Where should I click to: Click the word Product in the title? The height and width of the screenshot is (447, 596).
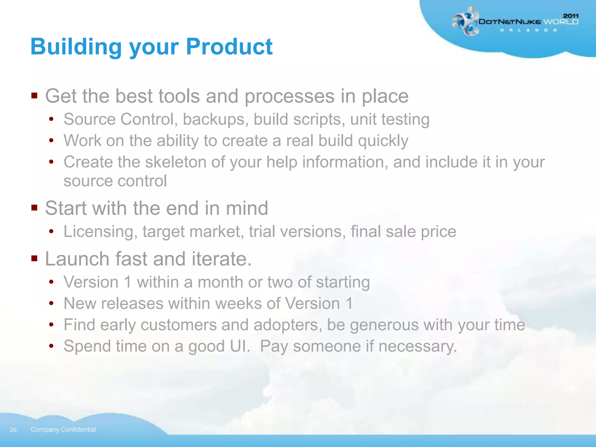pyautogui.click(x=229, y=47)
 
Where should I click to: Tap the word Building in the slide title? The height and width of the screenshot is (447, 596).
pyautogui.click(x=76, y=47)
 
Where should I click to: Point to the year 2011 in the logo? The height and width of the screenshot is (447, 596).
pyautogui.click(x=571, y=16)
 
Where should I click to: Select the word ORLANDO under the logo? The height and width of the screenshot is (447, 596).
pyautogui.click(x=528, y=30)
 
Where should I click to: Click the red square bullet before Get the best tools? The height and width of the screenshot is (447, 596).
pyautogui.click(x=34, y=96)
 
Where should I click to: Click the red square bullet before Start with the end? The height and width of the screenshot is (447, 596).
pyautogui.click(x=34, y=208)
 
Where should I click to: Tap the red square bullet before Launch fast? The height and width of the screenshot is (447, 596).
pyautogui.click(x=34, y=258)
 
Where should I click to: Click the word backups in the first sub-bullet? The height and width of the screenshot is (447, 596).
pyautogui.click(x=215, y=119)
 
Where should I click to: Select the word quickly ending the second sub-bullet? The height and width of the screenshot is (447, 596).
pyautogui.click(x=383, y=141)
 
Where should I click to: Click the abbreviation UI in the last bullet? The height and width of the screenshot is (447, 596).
pyautogui.click(x=240, y=346)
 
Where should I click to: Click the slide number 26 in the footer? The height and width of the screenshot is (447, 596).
pyautogui.click(x=13, y=430)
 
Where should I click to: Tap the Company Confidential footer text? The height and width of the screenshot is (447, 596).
pyautogui.click(x=63, y=430)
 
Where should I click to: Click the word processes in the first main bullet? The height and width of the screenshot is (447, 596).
pyautogui.click(x=289, y=96)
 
